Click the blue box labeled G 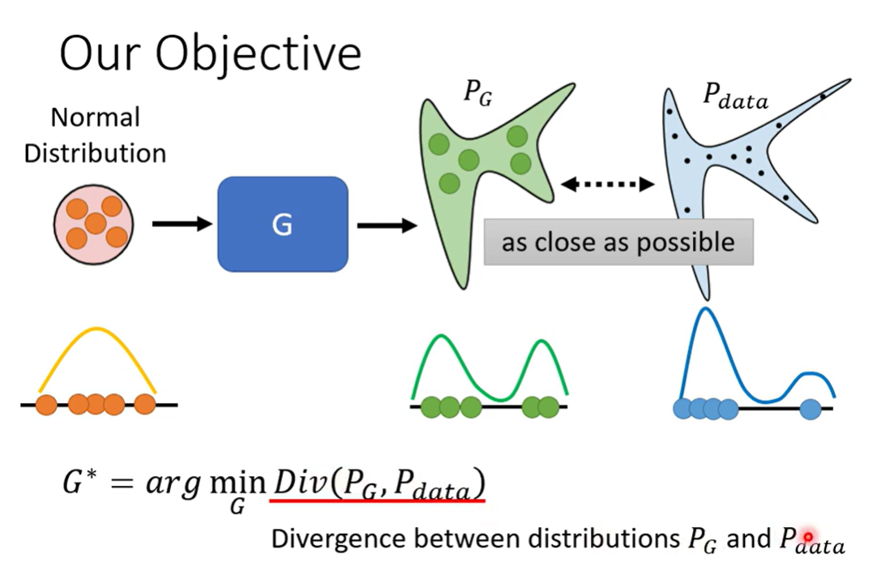(282, 224)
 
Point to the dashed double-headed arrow (607, 185)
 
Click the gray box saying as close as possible (618, 242)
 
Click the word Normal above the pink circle (95, 118)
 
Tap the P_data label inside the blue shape (735, 98)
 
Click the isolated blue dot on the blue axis (811, 410)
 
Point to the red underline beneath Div (377, 501)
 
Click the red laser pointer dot (807, 537)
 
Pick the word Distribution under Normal (95, 152)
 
